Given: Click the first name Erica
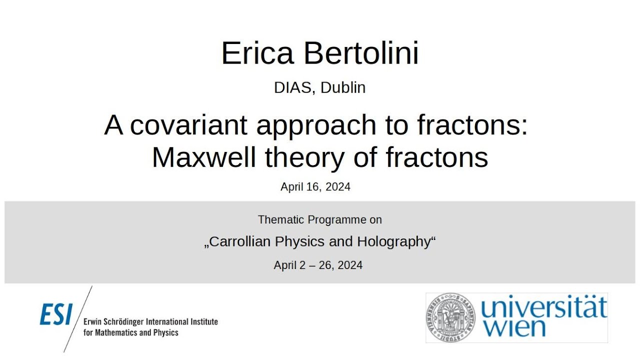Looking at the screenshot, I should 257,53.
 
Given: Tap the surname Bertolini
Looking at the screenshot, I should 359,53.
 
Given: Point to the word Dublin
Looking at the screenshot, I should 343,87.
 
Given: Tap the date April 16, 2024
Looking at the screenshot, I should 315,187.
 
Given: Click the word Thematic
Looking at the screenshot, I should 282,219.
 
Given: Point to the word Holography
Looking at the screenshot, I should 393,242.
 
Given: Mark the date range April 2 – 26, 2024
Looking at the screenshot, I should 318,265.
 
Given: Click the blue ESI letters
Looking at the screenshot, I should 56,315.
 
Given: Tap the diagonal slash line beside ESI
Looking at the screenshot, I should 78,318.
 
